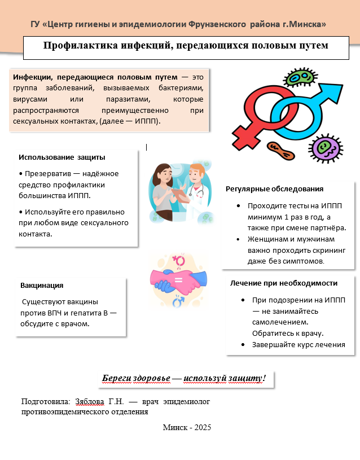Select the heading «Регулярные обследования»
point(274,189)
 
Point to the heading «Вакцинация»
point(42,286)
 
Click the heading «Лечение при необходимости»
point(284,283)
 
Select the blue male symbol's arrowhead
point(333,89)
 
